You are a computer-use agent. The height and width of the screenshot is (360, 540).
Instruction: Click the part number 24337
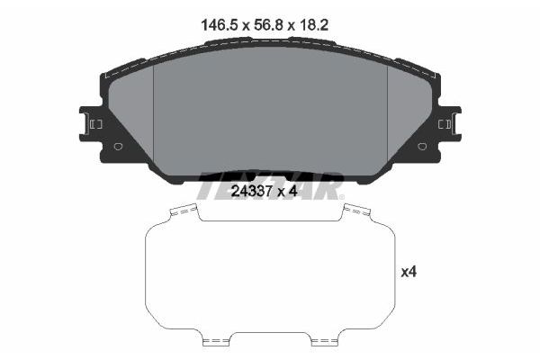pos(253,190)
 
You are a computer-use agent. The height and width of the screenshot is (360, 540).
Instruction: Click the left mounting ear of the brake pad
pos(93,124)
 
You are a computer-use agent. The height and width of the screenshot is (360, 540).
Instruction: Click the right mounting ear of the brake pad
pos(447,124)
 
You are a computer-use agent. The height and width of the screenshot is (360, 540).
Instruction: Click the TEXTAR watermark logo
pos(270,184)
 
